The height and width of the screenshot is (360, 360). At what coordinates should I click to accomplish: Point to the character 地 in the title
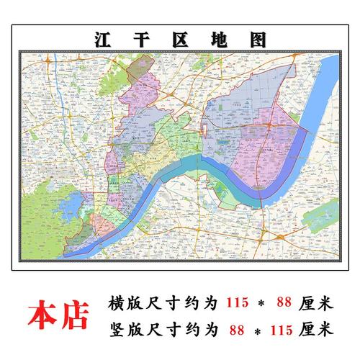223,39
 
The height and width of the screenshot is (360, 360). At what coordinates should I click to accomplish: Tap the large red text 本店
58,315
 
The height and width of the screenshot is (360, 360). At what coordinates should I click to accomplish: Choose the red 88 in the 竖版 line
234,330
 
